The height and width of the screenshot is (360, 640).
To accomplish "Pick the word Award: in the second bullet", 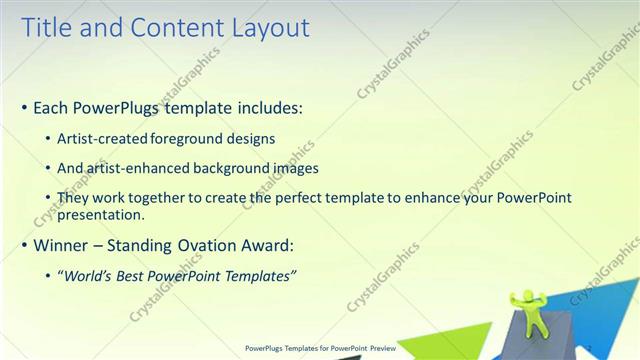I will click(x=270, y=245).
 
